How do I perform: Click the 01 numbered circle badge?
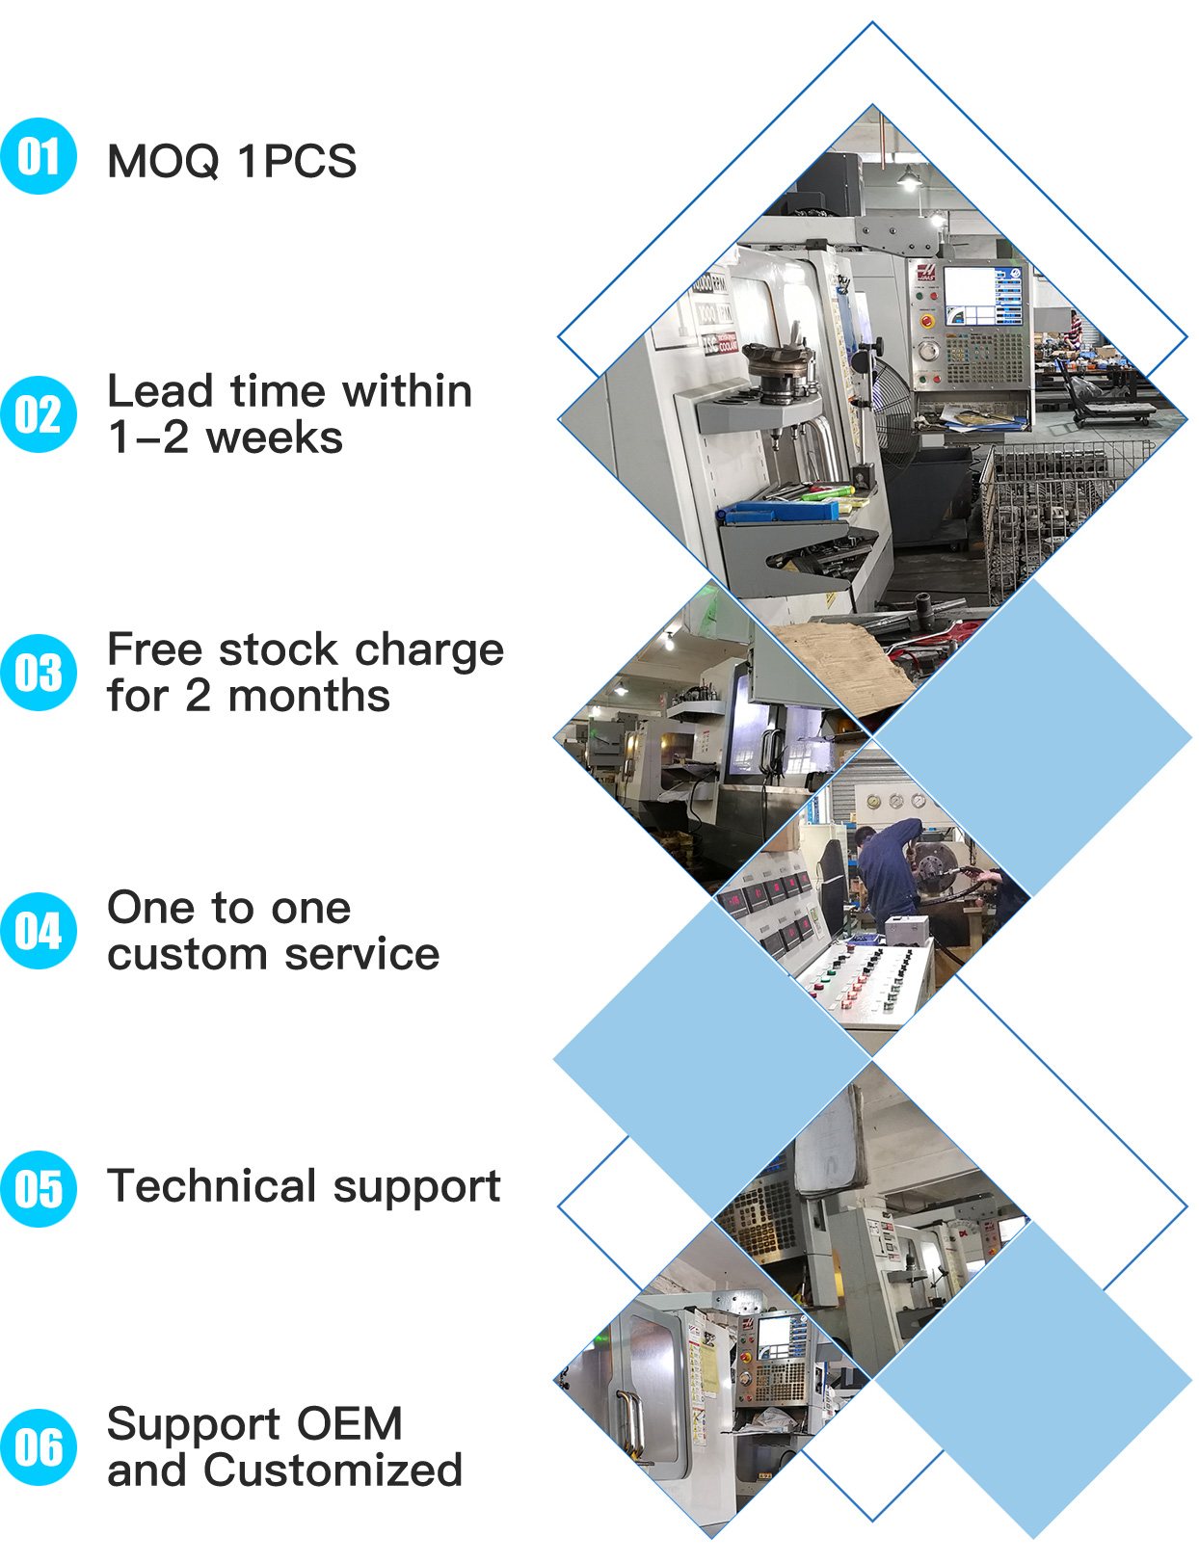39,156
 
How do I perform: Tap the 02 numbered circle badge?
39,414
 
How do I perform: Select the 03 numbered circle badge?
39,673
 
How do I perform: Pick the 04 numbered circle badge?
39,931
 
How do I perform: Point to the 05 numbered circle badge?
39,1189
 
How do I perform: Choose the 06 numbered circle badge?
39,1447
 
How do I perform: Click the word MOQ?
163,160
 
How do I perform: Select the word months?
308,696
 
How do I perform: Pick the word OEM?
349,1423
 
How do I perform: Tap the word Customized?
333,1470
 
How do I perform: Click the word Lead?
160,391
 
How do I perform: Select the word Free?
154,649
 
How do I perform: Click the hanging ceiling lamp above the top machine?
909,177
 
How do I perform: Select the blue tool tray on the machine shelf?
778,512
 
